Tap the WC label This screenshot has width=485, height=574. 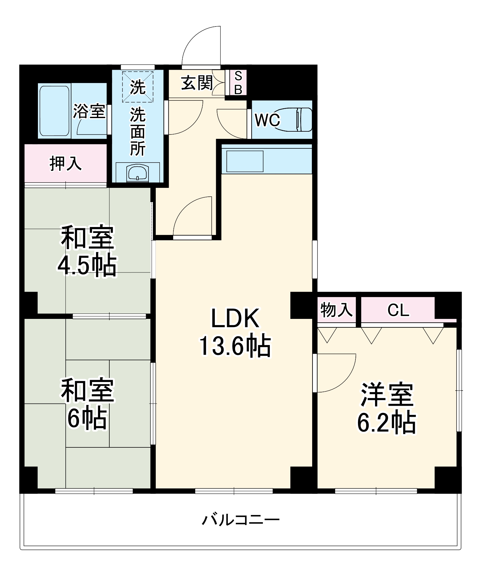click(267, 120)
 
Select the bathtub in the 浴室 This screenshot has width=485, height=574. click(54, 111)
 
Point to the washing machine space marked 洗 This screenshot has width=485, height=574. click(138, 87)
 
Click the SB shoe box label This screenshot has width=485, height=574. click(238, 82)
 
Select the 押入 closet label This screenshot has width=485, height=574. click(65, 163)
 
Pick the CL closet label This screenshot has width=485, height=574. click(398, 310)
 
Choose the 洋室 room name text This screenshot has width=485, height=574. click(387, 395)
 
